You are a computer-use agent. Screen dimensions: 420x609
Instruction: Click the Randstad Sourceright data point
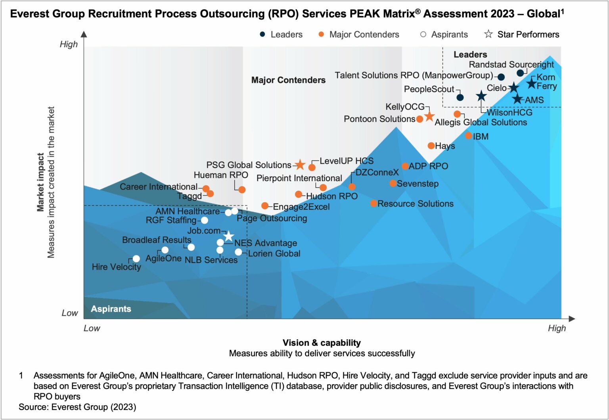[x=520, y=73]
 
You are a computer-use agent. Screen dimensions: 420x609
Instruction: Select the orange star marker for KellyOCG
[x=429, y=116]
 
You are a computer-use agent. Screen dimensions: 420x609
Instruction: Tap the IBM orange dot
[x=468, y=136]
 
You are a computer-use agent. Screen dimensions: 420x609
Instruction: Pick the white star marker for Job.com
[x=229, y=236]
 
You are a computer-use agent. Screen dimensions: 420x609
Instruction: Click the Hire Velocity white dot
[x=136, y=259]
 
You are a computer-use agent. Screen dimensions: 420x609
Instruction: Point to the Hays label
[x=445, y=146]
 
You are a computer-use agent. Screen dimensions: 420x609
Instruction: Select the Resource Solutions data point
[x=373, y=203]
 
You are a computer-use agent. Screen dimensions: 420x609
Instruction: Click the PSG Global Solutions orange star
[x=300, y=165]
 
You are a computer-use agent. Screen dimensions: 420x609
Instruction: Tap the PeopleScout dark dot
[x=460, y=97]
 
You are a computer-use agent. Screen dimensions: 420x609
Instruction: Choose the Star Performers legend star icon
[x=488, y=34]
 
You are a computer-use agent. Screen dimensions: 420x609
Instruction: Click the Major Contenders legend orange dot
[x=321, y=35]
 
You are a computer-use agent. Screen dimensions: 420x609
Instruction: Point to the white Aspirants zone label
[x=111, y=309]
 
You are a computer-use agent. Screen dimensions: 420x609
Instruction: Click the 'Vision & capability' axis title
[x=322, y=343]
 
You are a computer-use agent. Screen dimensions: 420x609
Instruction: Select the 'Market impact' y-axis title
[x=40, y=182]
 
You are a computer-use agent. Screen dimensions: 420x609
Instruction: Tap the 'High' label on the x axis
[x=557, y=328]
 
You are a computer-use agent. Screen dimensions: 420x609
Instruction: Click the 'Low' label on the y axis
[x=70, y=313]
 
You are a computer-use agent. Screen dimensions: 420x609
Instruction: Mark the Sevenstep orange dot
[x=393, y=183]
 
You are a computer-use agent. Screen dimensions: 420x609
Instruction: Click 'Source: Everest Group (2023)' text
[x=77, y=407]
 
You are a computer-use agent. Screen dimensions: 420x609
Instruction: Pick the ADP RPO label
[x=428, y=166]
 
